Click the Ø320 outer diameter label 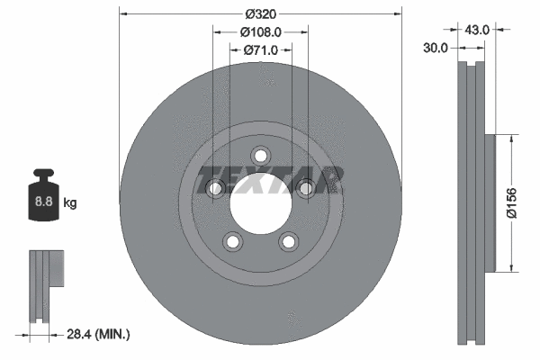260,13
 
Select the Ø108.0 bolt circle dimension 260,31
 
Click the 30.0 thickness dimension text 436,49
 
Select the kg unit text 69,203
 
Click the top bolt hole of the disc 260,155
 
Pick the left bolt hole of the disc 215,188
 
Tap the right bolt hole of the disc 305,188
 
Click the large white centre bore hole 260,202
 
